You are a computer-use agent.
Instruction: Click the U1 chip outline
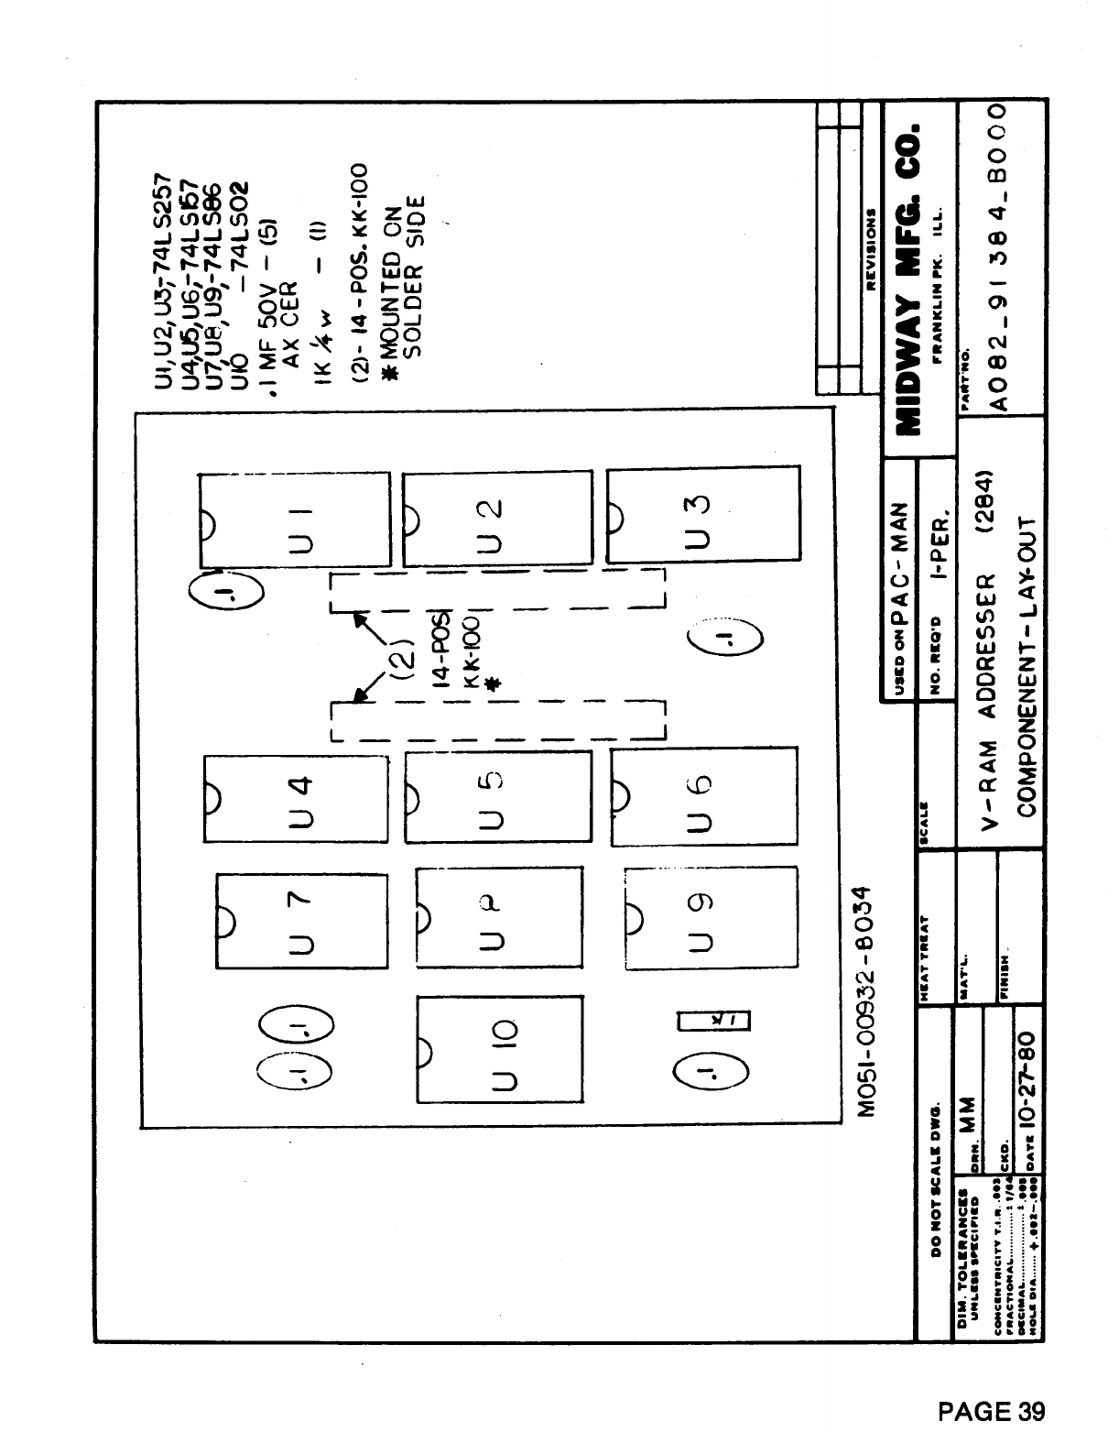(295, 520)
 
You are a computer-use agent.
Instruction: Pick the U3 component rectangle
(702, 517)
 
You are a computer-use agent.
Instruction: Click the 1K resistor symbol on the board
(713, 1020)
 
